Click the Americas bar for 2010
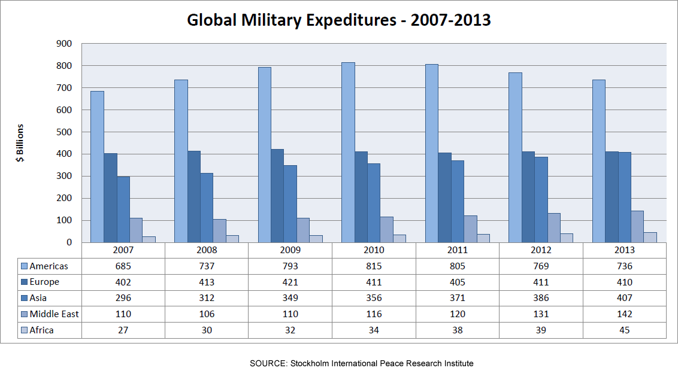coord(348,153)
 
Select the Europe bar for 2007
coord(110,198)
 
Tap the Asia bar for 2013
coord(624,197)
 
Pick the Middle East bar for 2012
coord(554,228)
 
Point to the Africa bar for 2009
coord(316,239)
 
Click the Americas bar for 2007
coord(97,167)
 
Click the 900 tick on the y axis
coord(63,44)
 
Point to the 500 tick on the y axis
coord(63,132)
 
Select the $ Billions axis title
coord(20,143)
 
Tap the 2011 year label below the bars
coord(457,251)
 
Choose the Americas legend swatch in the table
coord(24,266)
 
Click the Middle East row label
coord(54,314)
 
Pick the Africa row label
coord(41,330)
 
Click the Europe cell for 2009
coord(290,282)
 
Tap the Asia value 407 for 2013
coord(624,298)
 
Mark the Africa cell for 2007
coord(123,330)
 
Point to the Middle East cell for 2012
coord(540,314)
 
